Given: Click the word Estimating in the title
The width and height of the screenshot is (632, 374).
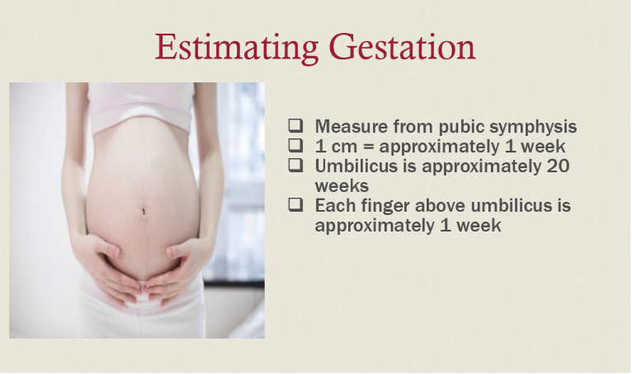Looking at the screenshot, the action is click(237, 47).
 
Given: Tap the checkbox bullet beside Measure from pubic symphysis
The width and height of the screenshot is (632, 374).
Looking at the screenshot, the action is click(296, 125).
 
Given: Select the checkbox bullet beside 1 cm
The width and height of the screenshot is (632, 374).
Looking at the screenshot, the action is click(296, 145).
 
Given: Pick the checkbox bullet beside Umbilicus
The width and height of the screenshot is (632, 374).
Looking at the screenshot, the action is click(296, 165).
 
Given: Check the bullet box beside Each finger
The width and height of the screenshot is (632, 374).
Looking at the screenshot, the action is click(296, 204).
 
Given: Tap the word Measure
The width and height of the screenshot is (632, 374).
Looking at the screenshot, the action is click(351, 126).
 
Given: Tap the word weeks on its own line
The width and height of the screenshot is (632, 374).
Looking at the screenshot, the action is click(342, 186).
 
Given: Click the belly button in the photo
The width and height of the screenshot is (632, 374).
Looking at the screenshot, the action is click(144, 211).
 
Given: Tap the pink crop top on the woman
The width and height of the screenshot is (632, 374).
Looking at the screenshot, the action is click(141, 107).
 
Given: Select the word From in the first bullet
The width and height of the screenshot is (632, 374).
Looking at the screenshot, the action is click(413, 126).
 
